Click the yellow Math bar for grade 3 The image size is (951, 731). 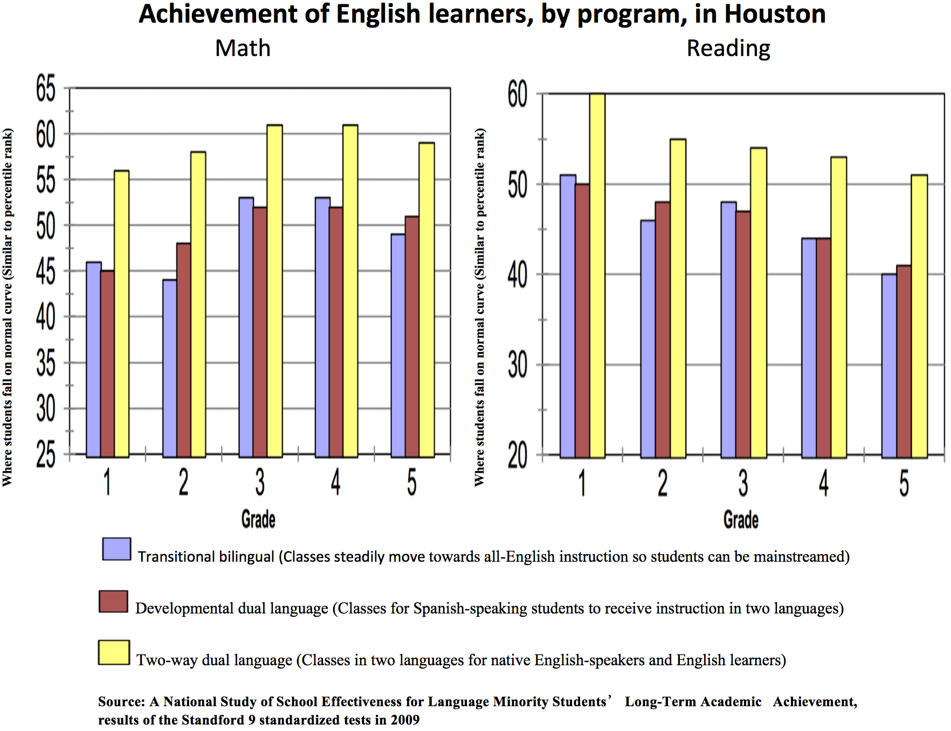click(x=275, y=291)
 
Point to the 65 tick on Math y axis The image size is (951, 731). click(x=46, y=88)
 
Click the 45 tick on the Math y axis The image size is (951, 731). click(x=46, y=271)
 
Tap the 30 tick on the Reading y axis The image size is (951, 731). click(x=518, y=365)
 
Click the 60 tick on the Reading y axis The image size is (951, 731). click(x=518, y=94)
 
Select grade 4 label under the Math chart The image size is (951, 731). click(x=335, y=481)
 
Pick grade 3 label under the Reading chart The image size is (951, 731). click(x=743, y=482)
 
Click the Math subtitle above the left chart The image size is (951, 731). click(x=243, y=48)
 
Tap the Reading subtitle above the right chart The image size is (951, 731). click(x=728, y=48)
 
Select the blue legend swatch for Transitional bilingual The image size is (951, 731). click(x=116, y=549)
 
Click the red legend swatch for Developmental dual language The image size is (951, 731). click(x=113, y=601)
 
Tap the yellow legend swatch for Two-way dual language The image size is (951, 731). click(x=114, y=652)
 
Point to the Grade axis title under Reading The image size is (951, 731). click(x=741, y=520)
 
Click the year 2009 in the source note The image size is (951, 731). click(x=405, y=720)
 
